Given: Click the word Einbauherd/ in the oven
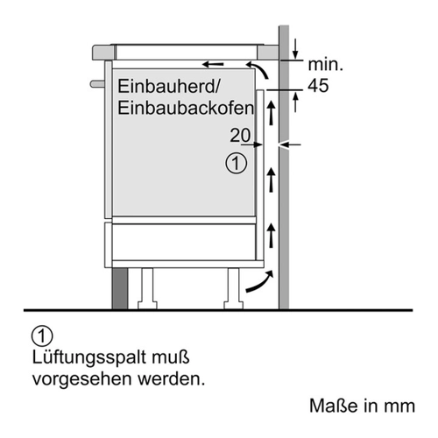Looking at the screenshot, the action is (169, 87).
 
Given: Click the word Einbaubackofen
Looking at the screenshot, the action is (186, 108).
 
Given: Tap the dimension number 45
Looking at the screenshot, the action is (318, 86).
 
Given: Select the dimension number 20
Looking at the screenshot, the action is (240, 135).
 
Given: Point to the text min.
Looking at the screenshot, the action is (326, 64).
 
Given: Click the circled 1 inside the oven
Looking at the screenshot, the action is (236, 164).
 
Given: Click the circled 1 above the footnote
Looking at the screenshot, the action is (42, 336).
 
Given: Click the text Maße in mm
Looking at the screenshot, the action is (362, 406).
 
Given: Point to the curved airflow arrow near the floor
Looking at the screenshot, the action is (260, 282).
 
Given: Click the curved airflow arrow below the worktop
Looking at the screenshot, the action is (258, 69).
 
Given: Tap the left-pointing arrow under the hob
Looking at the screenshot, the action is (214, 64).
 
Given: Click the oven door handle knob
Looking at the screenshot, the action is (97, 84).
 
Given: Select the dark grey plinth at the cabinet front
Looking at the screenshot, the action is (120, 288).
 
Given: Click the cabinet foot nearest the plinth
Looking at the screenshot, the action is (147, 288).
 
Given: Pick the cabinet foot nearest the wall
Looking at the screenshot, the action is (233, 288).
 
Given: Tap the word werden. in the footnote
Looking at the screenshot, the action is (172, 378).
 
